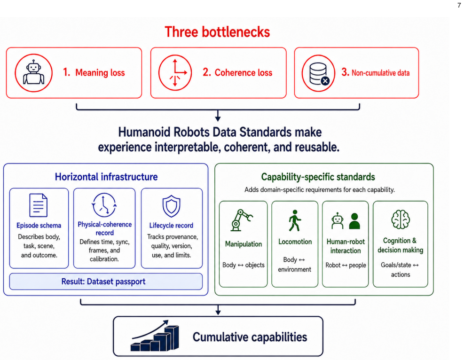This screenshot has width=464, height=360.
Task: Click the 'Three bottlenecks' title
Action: [x=217, y=32]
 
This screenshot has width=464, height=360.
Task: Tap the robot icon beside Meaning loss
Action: [x=34, y=73]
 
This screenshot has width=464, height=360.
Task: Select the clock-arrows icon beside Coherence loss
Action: [x=175, y=73]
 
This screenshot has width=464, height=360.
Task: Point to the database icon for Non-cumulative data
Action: [x=318, y=73]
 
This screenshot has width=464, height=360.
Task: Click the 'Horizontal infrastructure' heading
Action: [x=106, y=177]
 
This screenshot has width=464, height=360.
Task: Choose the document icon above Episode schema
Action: [x=39, y=205]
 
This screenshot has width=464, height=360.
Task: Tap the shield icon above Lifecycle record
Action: [x=171, y=206]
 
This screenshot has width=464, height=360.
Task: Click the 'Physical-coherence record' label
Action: [x=105, y=228]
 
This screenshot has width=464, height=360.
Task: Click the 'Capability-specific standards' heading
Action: [x=318, y=177]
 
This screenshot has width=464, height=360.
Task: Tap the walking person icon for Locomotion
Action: [x=295, y=221]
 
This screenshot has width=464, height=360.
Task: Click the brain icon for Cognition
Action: [x=401, y=219]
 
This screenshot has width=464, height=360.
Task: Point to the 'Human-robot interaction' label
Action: [x=346, y=246]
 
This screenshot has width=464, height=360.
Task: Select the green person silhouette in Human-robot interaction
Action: [x=354, y=221]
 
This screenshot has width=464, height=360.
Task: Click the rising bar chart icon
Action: [x=155, y=336]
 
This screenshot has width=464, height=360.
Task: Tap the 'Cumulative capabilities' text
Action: [x=250, y=337]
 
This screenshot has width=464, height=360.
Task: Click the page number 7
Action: [x=459, y=5]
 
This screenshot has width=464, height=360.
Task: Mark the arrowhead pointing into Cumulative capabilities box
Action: [x=218, y=312]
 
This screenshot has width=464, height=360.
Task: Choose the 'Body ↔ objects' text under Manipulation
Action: [x=244, y=265]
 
